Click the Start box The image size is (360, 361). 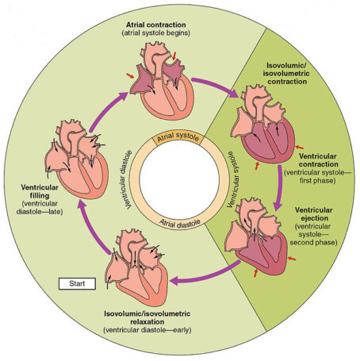coord(77,284)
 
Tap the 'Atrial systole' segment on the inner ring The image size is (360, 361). coord(178,137)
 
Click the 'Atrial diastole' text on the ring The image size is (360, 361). coord(180,221)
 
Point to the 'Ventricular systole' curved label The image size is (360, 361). coord(234,179)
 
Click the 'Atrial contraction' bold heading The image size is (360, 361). coord(155,25)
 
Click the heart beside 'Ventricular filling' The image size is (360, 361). coord(77,159)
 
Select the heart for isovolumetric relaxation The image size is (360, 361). coord(136,267)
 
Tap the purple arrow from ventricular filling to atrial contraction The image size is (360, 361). coord(108,112)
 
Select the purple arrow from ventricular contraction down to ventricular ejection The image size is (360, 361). coord(279,188)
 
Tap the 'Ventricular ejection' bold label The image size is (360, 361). coord(314,214)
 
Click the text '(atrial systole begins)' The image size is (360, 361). coord(156,33)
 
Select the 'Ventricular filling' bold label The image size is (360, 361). coord(40,191)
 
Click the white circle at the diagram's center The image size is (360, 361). coord(179,179)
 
